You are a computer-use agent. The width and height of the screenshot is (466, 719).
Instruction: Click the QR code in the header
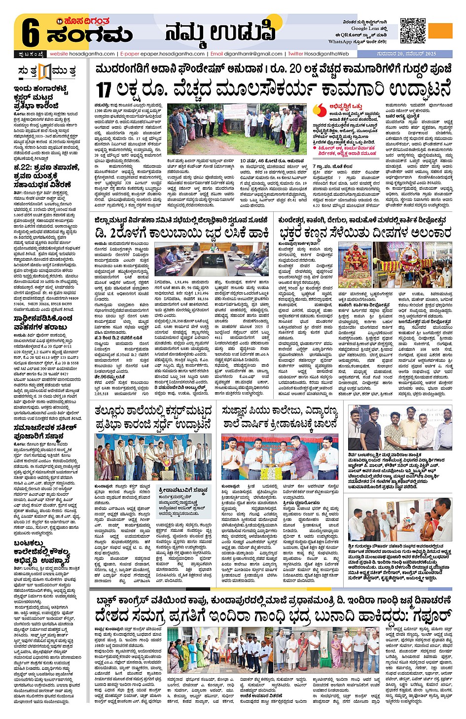pos(412,31)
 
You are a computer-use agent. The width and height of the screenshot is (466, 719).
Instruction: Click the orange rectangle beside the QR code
pos(440,31)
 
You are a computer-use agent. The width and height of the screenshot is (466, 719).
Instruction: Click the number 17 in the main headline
pos(104,90)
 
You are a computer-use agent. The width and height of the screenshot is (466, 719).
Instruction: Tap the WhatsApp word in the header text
pos(340,42)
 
